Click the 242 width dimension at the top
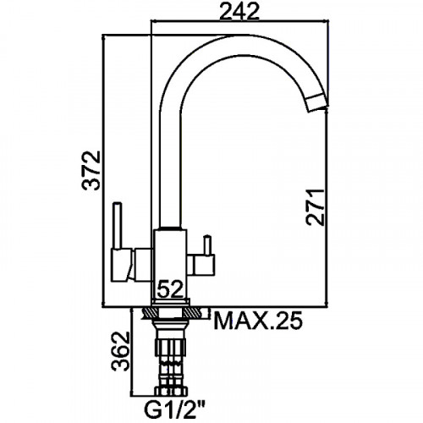click(x=239, y=13)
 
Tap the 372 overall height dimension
click(x=91, y=170)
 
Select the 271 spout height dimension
click(x=316, y=207)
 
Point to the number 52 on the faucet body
click(x=170, y=289)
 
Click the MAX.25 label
click(x=258, y=321)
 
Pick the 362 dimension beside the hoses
click(x=120, y=351)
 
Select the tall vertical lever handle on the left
click(x=118, y=226)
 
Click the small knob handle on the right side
click(x=208, y=244)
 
